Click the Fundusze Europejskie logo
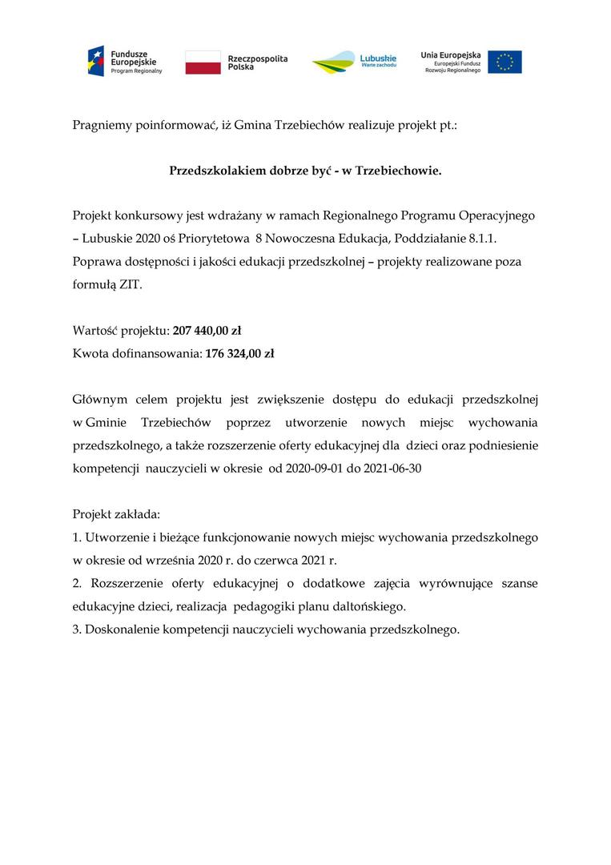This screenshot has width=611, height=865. tap(124, 62)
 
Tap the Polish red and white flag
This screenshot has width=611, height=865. tap(203, 62)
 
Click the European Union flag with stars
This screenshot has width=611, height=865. tap(504, 62)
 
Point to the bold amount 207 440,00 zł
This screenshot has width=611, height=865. tap(207, 330)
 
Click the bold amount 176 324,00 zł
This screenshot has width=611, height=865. tap(240, 352)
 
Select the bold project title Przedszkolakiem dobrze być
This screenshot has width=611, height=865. tap(305, 171)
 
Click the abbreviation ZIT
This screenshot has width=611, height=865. tap(130, 284)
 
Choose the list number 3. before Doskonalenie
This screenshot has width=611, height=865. tap(77, 629)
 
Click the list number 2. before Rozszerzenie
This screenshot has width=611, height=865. tap(78, 583)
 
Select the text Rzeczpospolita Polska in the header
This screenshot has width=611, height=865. tap(257, 62)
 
